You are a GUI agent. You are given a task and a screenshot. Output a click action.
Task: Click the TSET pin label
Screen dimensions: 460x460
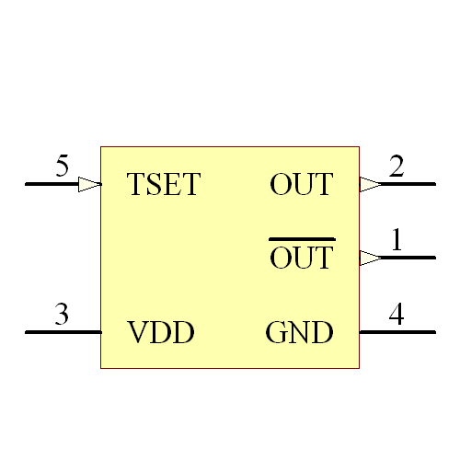coord(163,185)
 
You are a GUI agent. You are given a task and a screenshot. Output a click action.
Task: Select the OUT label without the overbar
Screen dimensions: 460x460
coord(301,185)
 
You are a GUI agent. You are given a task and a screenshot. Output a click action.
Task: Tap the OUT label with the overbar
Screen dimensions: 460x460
coord(301,259)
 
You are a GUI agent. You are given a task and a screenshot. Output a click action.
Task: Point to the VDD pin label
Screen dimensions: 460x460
coord(161,332)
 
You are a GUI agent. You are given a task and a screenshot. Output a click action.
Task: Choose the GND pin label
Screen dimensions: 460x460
coord(299,332)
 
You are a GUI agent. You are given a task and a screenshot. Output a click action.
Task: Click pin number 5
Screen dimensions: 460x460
coord(62,167)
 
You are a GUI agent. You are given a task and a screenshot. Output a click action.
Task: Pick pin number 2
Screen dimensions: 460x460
coord(397,167)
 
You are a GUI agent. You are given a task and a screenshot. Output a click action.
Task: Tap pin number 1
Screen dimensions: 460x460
coord(397,241)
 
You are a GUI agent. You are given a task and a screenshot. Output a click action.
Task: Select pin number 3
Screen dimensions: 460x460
coord(62,315)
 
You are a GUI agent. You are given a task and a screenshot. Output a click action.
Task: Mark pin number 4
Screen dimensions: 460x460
coord(397,315)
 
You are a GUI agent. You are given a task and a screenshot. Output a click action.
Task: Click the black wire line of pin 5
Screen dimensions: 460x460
coord(51,184)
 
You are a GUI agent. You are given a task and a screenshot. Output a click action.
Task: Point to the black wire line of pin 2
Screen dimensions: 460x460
coord(409,184)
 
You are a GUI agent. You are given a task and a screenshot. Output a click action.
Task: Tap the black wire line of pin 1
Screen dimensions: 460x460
coord(409,258)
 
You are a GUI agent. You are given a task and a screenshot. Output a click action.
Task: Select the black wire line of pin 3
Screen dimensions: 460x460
coord(63,331)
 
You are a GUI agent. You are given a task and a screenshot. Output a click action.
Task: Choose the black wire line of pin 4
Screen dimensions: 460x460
coord(397,331)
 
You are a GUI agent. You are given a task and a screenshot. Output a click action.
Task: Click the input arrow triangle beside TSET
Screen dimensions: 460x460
coord(89,184)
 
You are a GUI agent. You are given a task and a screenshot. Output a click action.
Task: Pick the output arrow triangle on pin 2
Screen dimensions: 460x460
coord(369,184)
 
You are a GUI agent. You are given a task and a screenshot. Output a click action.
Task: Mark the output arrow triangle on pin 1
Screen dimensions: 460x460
coord(369,258)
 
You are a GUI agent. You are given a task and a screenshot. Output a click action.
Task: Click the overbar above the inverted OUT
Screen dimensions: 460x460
coord(301,239)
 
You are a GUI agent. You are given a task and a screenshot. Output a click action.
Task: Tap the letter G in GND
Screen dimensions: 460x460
coord(275,332)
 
